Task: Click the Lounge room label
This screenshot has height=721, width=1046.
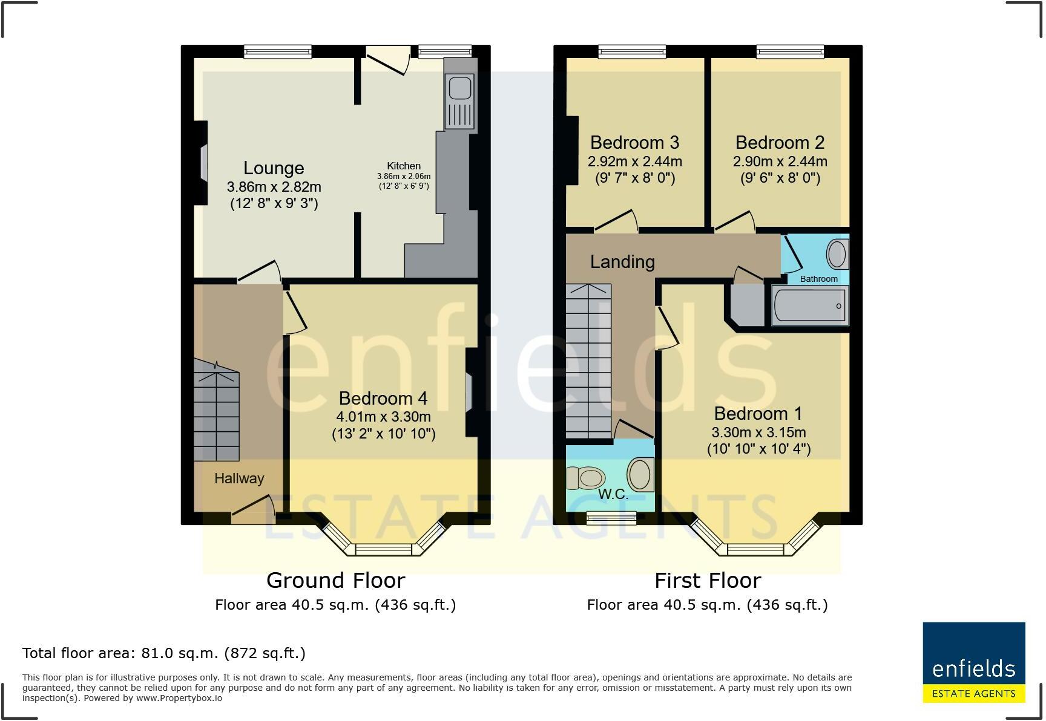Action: [x=274, y=168]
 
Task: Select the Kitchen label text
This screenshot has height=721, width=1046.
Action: [x=404, y=166]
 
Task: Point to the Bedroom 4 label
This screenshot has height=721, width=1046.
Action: [x=383, y=399]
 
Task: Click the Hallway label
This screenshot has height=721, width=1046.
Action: [x=239, y=478]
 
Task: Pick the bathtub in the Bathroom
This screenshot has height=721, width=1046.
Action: [x=810, y=305]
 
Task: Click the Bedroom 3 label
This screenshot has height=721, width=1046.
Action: [x=634, y=143]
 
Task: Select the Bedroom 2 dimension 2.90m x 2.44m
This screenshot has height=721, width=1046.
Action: [x=780, y=161]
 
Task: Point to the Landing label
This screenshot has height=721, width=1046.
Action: [x=622, y=262]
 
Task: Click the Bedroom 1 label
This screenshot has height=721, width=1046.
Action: [x=758, y=414]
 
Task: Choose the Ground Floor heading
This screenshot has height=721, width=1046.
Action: [x=335, y=581]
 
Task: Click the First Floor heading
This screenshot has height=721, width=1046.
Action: [x=707, y=581]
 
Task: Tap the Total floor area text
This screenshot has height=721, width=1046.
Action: [x=163, y=653]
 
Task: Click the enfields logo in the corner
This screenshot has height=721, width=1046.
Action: [x=973, y=662]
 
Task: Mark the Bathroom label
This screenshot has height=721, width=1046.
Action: [x=818, y=279]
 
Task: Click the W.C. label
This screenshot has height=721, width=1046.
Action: [x=613, y=494]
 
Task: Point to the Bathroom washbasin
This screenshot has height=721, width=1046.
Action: [x=837, y=254]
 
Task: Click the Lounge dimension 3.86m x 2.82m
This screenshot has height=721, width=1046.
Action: [x=274, y=187]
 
